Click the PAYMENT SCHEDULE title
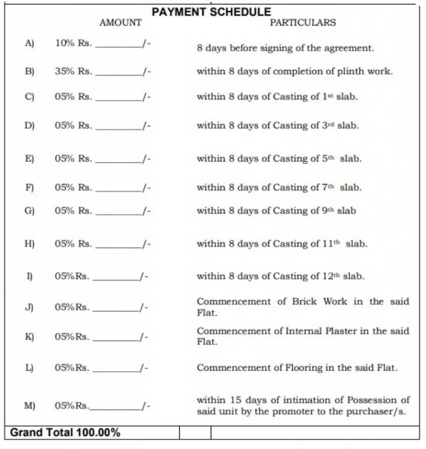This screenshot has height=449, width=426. coord(211,12)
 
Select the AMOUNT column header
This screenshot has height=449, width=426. coord(120,23)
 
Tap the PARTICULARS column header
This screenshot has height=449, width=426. coord(302,23)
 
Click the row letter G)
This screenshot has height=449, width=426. coord(29,210)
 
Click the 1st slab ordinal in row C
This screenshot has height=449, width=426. coord(327,96)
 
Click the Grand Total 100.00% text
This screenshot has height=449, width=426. coord(65,433)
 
